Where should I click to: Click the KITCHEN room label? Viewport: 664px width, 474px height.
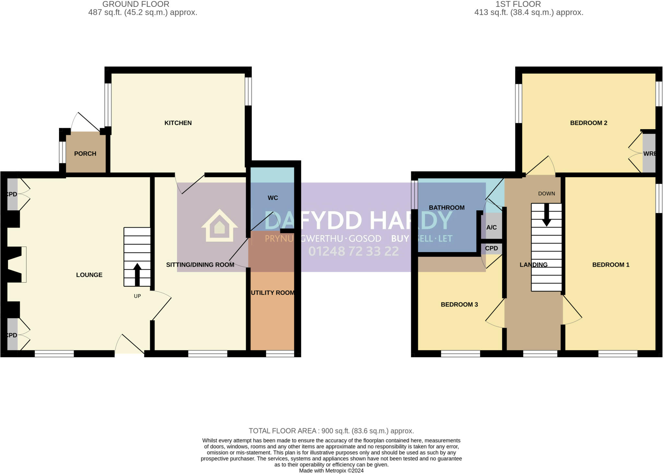point(178,123)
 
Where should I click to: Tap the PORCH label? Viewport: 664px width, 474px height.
point(85,154)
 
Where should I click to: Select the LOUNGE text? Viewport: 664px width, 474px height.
point(89,275)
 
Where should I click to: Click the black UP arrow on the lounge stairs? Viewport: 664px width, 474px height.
point(137,274)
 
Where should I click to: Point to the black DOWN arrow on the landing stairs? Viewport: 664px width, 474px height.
point(547,215)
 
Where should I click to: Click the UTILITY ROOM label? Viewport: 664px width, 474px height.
point(273,293)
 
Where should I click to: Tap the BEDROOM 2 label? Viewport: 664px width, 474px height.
point(588,123)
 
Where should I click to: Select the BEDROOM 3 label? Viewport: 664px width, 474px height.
point(459,305)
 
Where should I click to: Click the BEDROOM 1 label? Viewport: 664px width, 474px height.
point(611,265)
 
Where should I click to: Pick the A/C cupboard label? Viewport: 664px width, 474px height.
point(491,227)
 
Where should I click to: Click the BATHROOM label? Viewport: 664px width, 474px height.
point(446,208)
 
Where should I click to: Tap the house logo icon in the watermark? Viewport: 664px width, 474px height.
point(219,226)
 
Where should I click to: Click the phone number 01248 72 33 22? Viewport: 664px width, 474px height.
point(353,251)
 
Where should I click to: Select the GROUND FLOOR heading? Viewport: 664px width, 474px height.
point(136,4)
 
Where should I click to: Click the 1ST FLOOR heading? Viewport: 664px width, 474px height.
point(518,4)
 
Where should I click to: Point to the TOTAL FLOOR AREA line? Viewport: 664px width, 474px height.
point(331,431)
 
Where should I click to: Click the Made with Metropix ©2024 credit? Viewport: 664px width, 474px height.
point(331,470)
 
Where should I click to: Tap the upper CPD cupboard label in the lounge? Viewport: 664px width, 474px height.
point(12,194)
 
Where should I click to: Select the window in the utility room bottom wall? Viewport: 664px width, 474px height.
point(280,354)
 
